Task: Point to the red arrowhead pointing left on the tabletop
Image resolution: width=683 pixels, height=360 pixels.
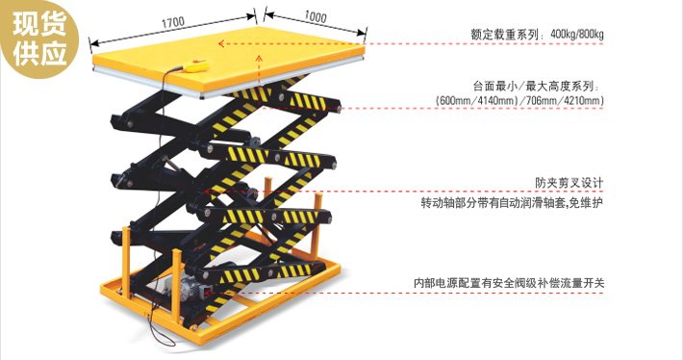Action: [x=223, y=43]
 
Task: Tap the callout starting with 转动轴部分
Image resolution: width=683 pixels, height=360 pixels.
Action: [x=512, y=204]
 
